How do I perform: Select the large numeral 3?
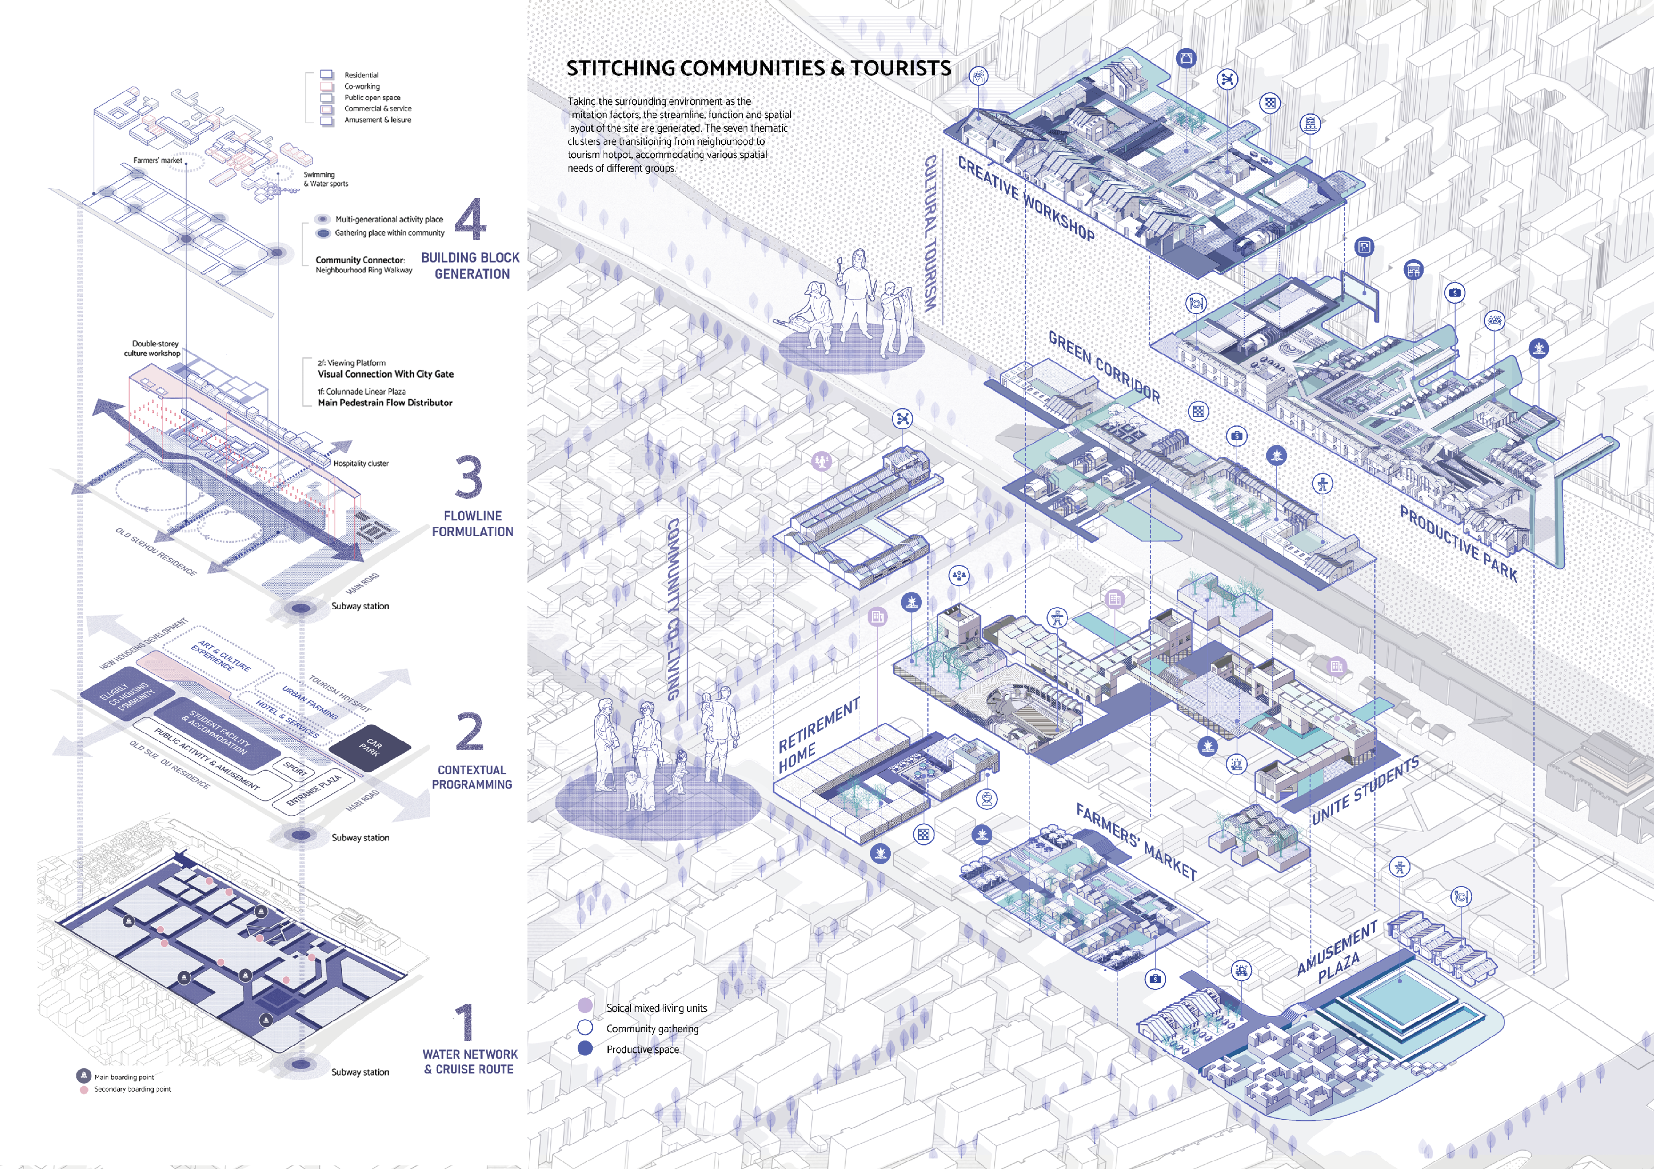click(469, 477)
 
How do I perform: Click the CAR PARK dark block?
click(370, 747)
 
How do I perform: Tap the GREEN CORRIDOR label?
click(1104, 366)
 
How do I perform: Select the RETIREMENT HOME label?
click(819, 735)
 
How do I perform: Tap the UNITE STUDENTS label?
click(1365, 790)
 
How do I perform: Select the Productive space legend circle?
click(585, 1049)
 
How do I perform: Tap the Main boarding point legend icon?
click(83, 1076)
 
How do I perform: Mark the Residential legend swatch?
click(327, 74)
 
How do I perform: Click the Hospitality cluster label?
click(360, 463)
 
